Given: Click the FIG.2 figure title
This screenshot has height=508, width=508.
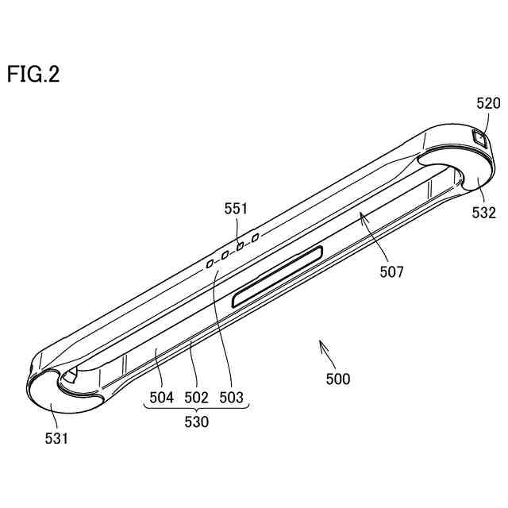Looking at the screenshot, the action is click(33, 75).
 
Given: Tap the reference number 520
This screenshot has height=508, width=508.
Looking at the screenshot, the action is click(488, 103).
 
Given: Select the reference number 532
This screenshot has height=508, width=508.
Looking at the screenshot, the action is click(483, 213).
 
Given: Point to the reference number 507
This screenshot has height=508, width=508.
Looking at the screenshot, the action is click(391, 272).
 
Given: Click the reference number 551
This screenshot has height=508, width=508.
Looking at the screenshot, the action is click(236, 210).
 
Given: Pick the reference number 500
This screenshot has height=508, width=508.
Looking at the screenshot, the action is click(337, 379).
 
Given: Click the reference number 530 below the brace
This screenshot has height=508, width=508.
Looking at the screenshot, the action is click(196, 422).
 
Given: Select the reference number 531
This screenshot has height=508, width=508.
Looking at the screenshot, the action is click(56, 437).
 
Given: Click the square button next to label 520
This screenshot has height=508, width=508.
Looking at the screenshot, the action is click(479, 137).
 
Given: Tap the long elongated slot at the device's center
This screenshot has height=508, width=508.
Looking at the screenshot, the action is click(277, 275).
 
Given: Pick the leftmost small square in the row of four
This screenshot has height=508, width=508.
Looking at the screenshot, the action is click(210, 261).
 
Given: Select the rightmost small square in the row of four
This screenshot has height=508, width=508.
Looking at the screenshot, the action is click(256, 237).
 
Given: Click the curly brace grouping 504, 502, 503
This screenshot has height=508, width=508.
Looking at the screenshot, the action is click(196, 409).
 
